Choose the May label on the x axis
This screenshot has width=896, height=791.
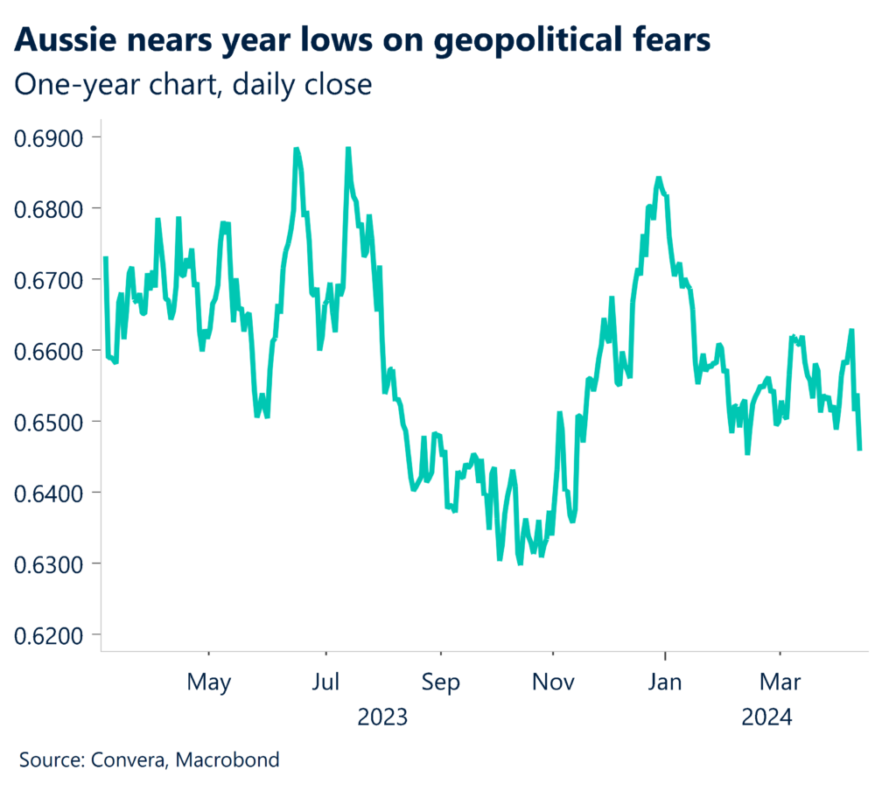click(x=209, y=682)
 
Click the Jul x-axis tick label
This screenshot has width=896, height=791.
click(x=325, y=682)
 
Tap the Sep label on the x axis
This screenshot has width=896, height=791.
click(x=441, y=682)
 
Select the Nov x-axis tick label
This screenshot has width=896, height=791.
click(x=553, y=682)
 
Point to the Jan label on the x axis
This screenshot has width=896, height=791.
click(x=665, y=682)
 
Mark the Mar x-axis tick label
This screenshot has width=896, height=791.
click(x=780, y=682)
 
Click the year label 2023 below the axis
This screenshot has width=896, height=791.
click(x=382, y=718)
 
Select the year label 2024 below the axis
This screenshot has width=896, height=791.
click(x=766, y=718)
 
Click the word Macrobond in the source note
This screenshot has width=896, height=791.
click(x=227, y=759)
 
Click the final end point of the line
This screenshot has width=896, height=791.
click(x=859, y=449)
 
